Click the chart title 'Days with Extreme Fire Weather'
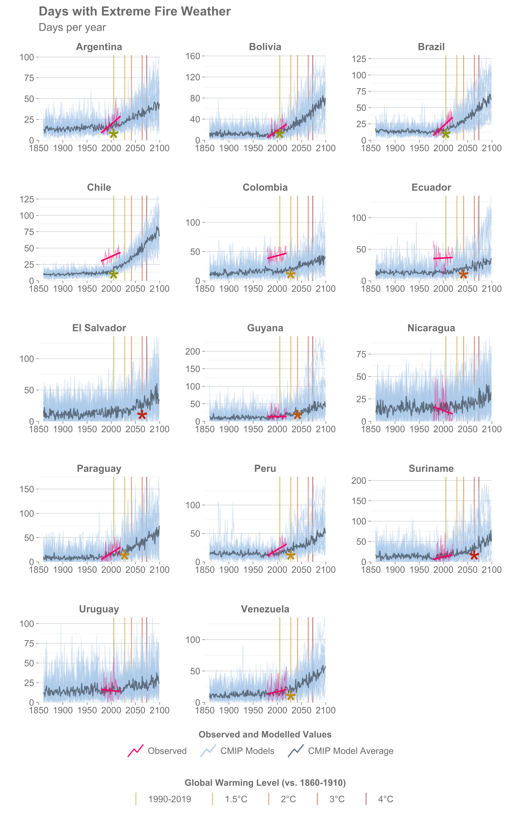coord(134,11)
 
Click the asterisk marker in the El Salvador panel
coord(142,415)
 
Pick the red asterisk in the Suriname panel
coord(474,555)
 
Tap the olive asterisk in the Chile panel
coord(114,274)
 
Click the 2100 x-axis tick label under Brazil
coord(491,148)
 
